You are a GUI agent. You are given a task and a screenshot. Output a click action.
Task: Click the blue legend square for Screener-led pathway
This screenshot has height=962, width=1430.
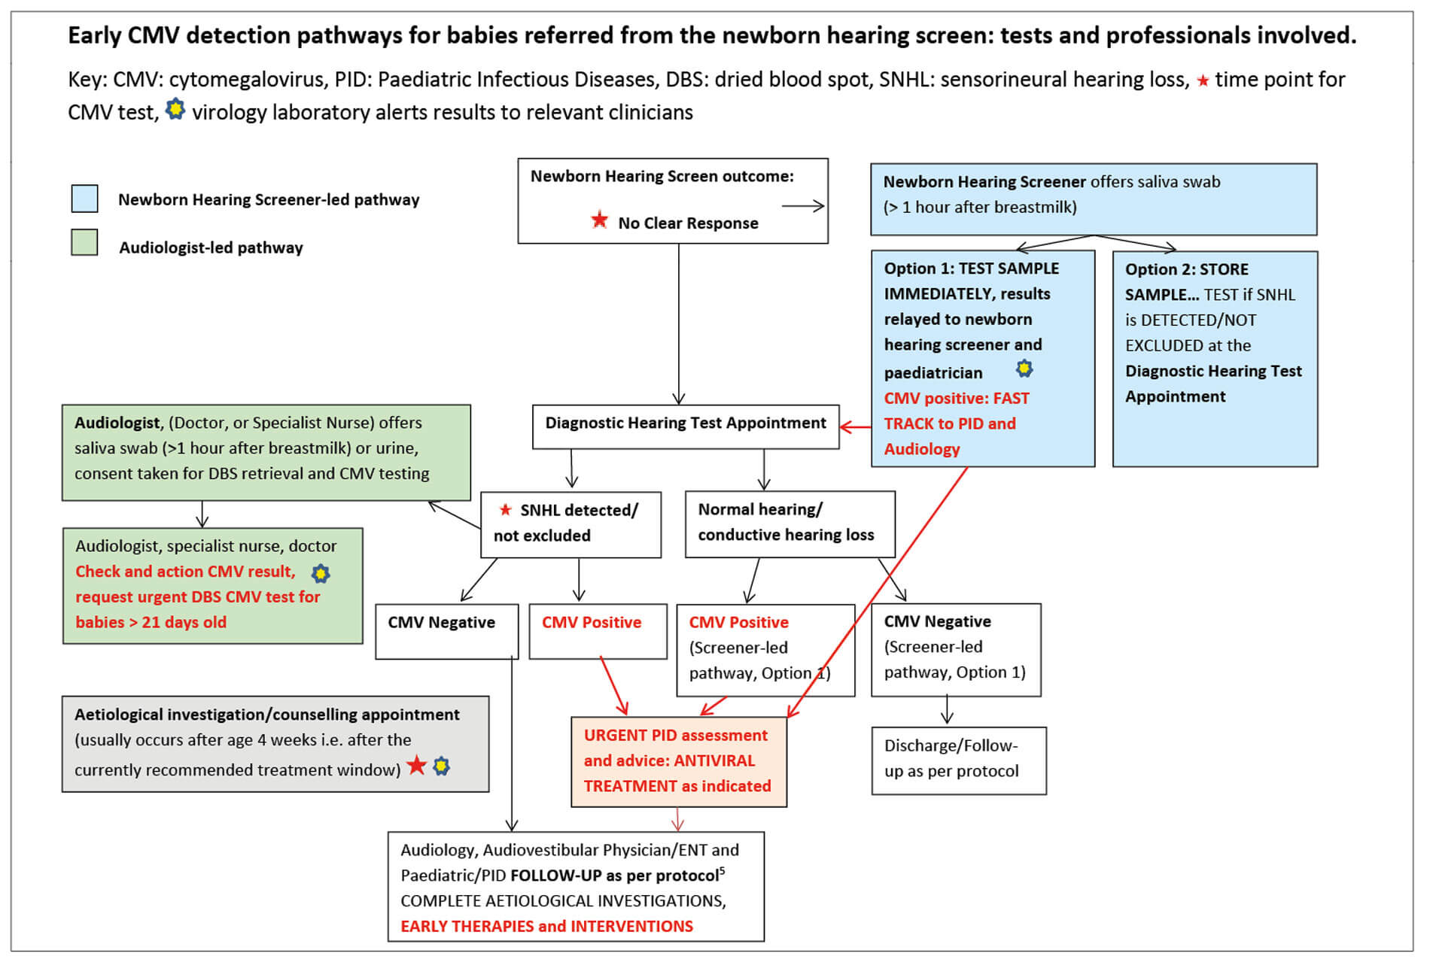(84, 199)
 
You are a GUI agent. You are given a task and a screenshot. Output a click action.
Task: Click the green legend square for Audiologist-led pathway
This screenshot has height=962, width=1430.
(84, 243)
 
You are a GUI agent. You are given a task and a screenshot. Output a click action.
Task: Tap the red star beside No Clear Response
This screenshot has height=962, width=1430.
(599, 220)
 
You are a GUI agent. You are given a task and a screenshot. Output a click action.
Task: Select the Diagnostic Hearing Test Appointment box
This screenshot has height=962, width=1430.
(685, 426)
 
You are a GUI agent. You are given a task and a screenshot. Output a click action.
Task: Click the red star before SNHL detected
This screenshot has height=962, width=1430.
(506, 510)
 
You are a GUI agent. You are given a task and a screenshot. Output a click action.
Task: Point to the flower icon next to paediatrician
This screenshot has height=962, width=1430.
(1024, 369)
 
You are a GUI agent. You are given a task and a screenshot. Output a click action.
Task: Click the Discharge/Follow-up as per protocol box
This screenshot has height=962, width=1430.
(958, 760)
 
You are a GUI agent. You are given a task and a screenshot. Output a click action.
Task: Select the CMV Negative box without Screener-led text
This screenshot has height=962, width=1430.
(446, 630)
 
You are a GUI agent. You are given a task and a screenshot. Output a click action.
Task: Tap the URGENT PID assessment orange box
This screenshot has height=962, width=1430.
(678, 761)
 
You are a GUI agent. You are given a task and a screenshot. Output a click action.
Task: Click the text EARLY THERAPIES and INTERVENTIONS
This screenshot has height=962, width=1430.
(546, 926)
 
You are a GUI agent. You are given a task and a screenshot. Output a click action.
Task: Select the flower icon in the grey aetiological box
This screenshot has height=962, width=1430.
(442, 766)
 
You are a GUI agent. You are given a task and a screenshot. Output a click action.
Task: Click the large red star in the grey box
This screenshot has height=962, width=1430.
(416, 766)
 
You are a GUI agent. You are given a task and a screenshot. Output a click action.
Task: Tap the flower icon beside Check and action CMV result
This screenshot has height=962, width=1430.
(321, 574)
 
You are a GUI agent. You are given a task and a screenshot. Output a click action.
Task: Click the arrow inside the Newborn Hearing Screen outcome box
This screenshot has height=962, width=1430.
(802, 206)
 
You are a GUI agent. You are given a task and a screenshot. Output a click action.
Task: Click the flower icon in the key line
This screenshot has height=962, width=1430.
(175, 109)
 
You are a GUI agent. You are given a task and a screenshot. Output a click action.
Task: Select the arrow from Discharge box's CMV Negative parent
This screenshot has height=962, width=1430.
(947, 709)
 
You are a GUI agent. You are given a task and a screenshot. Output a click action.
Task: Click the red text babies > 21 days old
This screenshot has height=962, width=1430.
(151, 622)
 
